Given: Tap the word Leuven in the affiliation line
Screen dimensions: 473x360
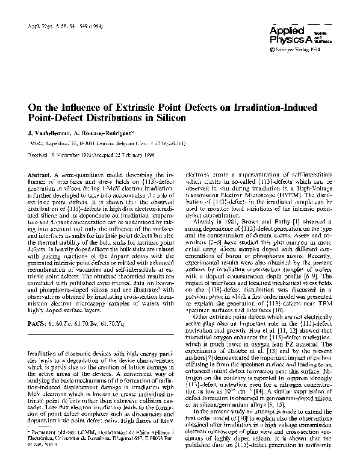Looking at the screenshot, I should click(x=118, y=145).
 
